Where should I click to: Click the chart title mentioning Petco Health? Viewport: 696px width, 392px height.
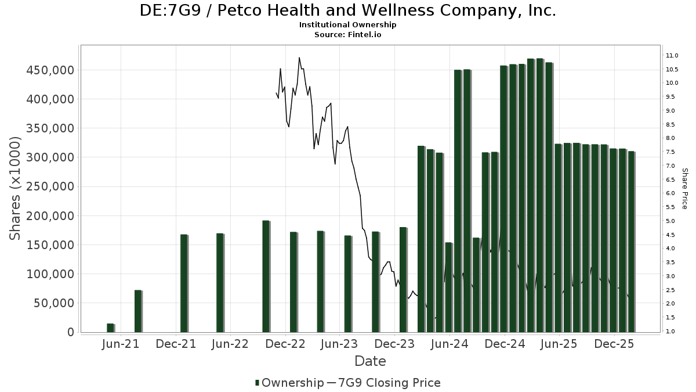[x=347, y=10]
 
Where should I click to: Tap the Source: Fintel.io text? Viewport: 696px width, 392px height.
[x=347, y=34]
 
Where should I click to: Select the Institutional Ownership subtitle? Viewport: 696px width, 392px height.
[x=347, y=25]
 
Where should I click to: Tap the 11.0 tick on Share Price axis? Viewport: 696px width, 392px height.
[x=672, y=56]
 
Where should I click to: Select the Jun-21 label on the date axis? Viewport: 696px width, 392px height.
[x=121, y=344]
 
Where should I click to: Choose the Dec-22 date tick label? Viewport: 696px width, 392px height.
[x=285, y=344]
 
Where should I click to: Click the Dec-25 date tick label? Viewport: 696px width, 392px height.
[x=614, y=344]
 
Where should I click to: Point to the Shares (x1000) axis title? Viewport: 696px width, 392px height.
[x=16, y=188]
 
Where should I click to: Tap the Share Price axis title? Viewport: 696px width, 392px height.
[x=684, y=188]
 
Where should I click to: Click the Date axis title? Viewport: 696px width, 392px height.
[x=370, y=361]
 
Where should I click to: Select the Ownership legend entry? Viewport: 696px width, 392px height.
[x=290, y=383]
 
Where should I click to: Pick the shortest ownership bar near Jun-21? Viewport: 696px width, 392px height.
[x=110, y=328]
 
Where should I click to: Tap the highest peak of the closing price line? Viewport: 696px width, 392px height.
[x=299, y=58]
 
